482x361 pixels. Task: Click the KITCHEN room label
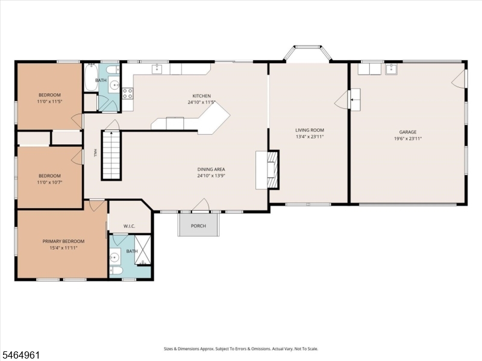[x=202, y=96]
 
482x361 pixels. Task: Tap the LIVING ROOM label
[x=310, y=130]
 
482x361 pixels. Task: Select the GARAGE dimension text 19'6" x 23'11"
[x=408, y=138]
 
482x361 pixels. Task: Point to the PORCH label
[x=198, y=226]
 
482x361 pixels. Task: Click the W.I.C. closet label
[x=129, y=226]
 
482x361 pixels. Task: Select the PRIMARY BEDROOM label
[x=63, y=241]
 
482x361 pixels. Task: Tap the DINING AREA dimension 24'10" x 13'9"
[x=211, y=176]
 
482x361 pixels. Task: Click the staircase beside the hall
[x=111, y=155]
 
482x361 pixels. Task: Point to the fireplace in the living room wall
[x=273, y=170]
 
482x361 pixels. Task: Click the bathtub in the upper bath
[x=91, y=77]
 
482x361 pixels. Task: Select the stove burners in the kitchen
[x=128, y=93]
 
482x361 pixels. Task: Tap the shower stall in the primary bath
[x=143, y=250]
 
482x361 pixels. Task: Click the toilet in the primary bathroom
[x=116, y=270]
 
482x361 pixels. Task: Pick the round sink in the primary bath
[x=114, y=258]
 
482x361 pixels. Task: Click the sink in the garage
[x=392, y=69]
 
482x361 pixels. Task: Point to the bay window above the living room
[x=308, y=53]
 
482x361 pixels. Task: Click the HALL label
[x=95, y=153]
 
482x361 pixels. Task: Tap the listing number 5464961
[x=20, y=355]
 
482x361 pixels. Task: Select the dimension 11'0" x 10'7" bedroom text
[x=49, y=182]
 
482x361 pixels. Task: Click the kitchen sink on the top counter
[x=157, y=69]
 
